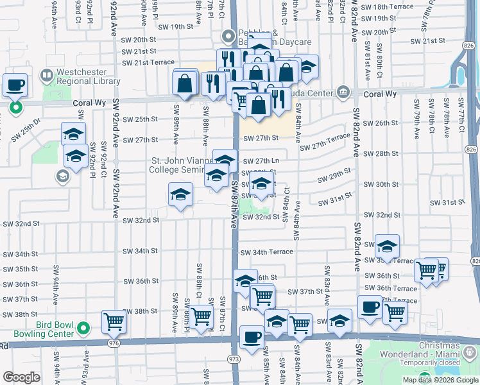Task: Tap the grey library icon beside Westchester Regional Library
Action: tap(46, 76)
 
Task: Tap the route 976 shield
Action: tap(114, 343)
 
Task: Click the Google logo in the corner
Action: tap(21, 378)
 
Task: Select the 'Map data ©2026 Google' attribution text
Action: tap(440, 380)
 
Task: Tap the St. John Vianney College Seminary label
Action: tap(186, 165)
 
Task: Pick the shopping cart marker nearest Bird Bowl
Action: tap(114, 321)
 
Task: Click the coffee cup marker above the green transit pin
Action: tap(15, 85)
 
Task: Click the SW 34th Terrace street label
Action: tap(267, 252)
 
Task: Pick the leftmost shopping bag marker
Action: tap(184, 83)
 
